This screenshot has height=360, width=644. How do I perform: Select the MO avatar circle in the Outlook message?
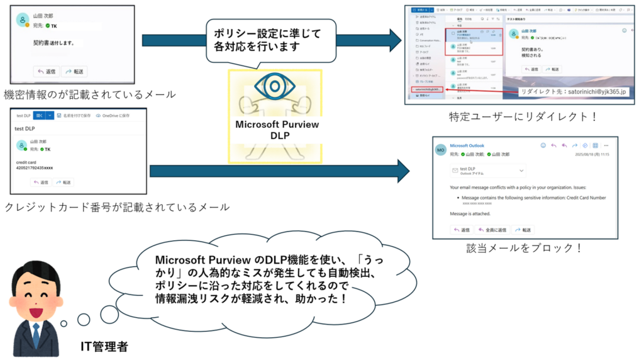(x=441, y=150)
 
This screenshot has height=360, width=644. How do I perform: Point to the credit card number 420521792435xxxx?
(x=35, y=168)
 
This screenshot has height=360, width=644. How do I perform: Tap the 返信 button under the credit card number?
(x=42, y=182)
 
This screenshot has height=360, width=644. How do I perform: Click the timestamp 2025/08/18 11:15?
(x=592, y=153)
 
